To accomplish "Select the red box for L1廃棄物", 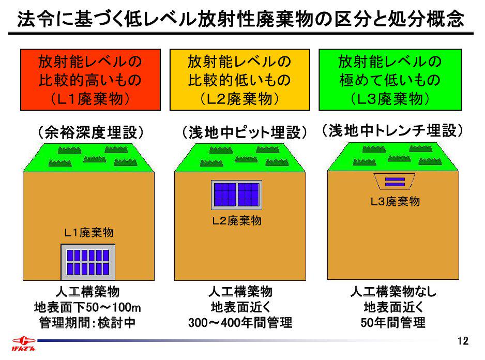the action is click(89, 80).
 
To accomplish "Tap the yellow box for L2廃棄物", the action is click(239, 80).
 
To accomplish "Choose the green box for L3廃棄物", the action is click(390, 80).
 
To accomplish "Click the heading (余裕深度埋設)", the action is click(90, 132).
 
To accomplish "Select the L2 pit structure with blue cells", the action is click(237, 194).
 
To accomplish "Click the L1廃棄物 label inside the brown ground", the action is click(88, 233).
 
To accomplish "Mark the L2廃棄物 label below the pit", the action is click(237, 221).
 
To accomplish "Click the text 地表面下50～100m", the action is click(88, 307).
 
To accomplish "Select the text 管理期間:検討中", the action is click(88, 323).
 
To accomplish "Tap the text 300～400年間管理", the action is click(240, 323).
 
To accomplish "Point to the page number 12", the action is click(463, 341).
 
